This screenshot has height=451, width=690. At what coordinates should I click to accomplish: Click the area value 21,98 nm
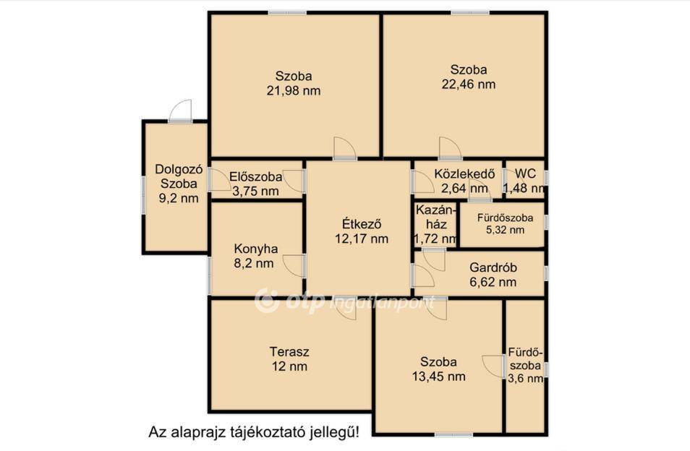click(294, 90)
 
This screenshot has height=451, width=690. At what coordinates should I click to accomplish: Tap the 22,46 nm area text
click(469, 84)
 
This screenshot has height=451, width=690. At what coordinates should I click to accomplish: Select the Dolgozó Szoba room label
click(179, 176)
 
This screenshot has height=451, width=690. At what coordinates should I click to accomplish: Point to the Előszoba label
click(255, 176)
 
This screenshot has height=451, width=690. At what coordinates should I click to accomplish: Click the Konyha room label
click(255, 249)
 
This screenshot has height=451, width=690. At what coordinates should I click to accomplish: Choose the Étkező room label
click(362, 224)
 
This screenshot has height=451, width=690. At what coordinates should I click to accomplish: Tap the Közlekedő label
click(464, 173)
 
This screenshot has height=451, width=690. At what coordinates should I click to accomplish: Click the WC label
click(525, 173)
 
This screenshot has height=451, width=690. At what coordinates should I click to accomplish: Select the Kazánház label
click(435, 217)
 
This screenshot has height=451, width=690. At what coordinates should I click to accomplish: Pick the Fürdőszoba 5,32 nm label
click(505, 223)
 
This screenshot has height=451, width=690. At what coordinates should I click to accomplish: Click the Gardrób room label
click(493, 267)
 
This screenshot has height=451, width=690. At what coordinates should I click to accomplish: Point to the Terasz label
click(289, 352)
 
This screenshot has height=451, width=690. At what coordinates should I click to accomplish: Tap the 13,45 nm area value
click(439, 377)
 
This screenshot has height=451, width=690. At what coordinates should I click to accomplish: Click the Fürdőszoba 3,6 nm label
click(525, 365)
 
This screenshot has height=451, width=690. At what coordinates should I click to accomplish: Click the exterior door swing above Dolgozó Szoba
click(180, 111)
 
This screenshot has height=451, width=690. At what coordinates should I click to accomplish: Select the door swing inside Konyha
click(294, 266)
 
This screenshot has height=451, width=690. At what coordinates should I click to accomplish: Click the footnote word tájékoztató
click(266, 431)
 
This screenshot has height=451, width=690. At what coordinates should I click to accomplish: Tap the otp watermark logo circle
click(267, 301)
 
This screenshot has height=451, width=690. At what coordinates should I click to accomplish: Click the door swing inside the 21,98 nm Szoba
click(344, 147)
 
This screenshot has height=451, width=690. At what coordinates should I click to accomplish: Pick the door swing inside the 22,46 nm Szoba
click(450, 147)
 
